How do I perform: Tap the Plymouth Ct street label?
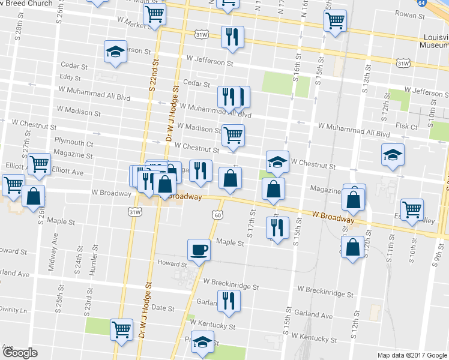[74, 144]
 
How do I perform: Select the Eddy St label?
[70, 77]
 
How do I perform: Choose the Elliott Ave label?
[68, 171]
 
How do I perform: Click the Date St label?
[163, 308]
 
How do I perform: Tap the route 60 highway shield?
[217, 214]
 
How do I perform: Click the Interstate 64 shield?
[439, 3]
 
